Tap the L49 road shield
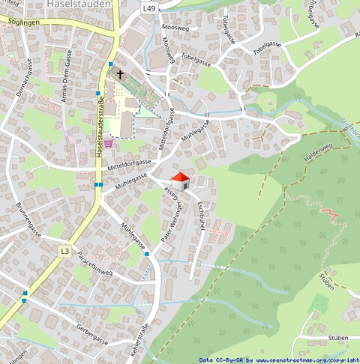click(150, 7)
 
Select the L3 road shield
click(65, 251)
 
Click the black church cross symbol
click(119, 75)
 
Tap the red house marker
click(181, 181)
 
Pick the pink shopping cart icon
click(109, 142)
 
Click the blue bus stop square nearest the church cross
click(110, 65)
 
